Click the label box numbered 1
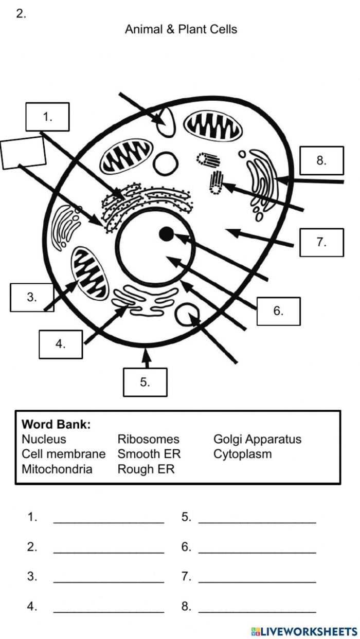pyautogui.click(x=47, y=117)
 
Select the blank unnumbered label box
pyautogui.click(x=23, y=153)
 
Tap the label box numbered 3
pyautogui.click(x=32, y=297)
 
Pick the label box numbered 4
pyautogui.click(x=61, y=344)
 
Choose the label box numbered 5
pyautogui.click(x=145, y=382)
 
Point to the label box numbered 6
pyautogui.click(x=278, y=311)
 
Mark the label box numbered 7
pyautogui.click(x=321, y=242)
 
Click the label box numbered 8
pyautogui.click(x=321, y=160)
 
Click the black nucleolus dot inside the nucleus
pyautogui.click(x=166, y=234)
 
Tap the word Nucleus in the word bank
pyautogui.click(x=44, y=440)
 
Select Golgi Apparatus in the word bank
pyautogui.click(x=257, y=440)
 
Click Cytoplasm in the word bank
pyautogui.click(x=242, y=454)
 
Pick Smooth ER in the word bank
pyautogui.click(x=149, y=454)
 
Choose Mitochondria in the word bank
pyautogui.click(x=57, y=469)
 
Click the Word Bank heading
pyautogui.click(x=56, y=425)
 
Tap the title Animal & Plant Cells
pyautogui.click(x=181, y=29)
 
